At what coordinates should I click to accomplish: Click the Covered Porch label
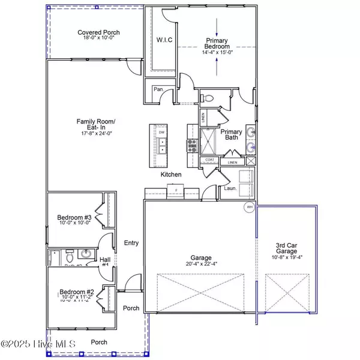tap(98, 32)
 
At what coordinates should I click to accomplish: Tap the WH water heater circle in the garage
tap(248, 208)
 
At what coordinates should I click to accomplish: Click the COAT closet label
tap(209, 159)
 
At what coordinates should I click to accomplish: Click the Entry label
tap(131, 242)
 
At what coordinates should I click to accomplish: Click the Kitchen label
tap(172, 174)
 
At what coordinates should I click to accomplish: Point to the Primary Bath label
tap(231, 136)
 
